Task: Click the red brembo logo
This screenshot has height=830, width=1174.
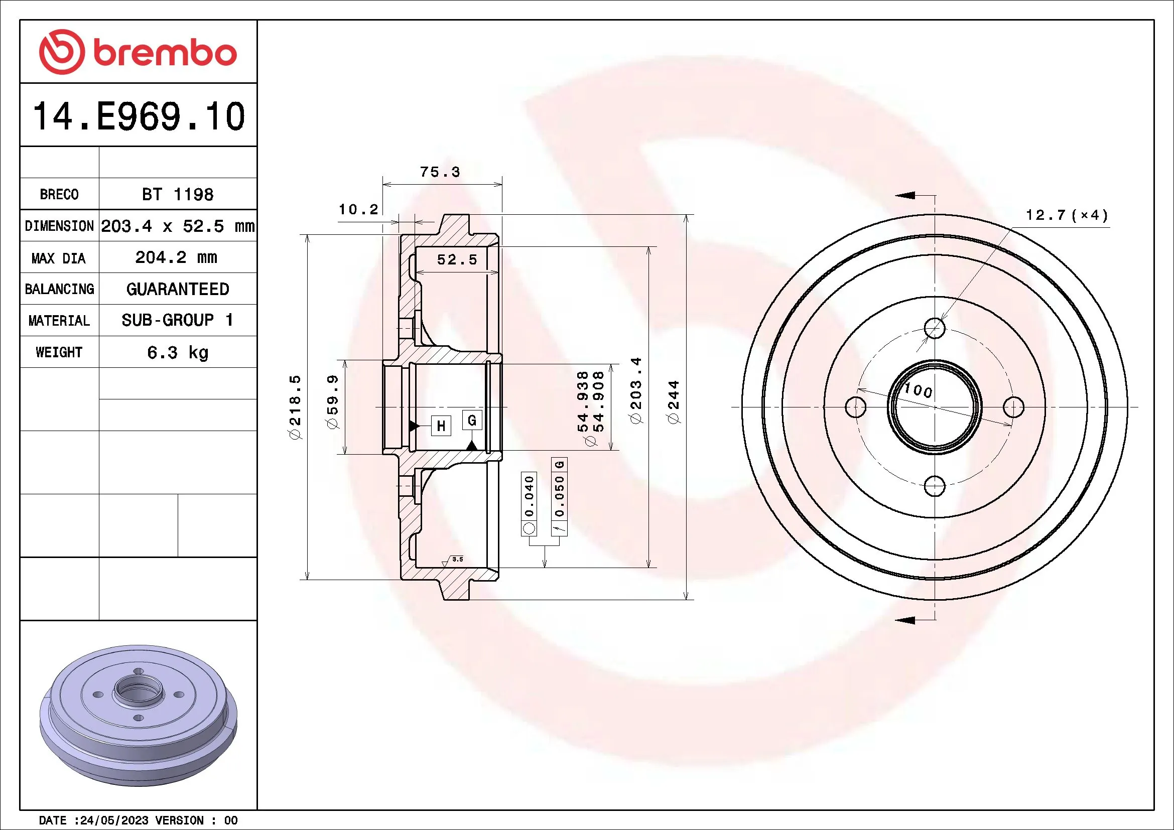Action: (x=138, y=52)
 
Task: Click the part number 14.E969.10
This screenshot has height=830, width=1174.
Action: (x=139, y=116)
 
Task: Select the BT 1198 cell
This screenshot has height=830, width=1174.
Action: (x=177, y=195)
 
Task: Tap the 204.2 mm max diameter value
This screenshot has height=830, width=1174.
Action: (x=176, y=257)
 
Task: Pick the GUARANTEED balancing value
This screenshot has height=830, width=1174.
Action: (x=177, y=289)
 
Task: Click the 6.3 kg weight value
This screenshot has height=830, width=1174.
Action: (x=177, y=353)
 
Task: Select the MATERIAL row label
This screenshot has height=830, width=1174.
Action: (x=59, y=321)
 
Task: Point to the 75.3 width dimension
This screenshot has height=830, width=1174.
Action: (x=440, y=172)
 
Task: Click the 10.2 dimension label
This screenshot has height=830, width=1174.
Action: (x=358, y=210)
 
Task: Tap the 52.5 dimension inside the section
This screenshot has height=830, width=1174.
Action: (x=457, y=259)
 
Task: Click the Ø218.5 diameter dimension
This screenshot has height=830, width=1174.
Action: (x=295, y=407)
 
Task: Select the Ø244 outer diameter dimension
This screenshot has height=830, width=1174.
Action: (x=674, y=402)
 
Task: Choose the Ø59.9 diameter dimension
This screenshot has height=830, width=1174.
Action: (x=332, y=402)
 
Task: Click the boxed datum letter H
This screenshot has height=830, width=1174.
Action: (x=441, y=426)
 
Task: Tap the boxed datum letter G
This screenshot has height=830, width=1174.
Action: (x=471, y=420)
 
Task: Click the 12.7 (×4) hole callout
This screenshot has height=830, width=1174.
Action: (x=1067, y=215)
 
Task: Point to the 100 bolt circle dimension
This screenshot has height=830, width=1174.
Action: (x=919, y=391)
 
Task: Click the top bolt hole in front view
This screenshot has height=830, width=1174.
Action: (x=935, y=328)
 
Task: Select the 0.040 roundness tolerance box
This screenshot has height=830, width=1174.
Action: (x=529, y=496)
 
